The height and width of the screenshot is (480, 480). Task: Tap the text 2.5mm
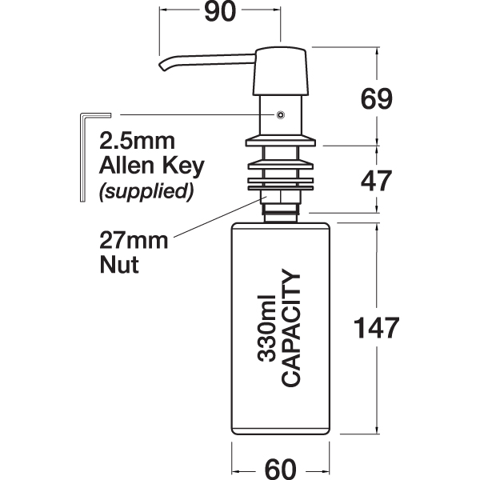pyautogui.click(x=134, y=142)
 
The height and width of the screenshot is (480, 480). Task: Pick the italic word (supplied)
pyautogui.click(x=145, y=192)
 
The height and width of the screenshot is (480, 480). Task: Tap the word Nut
pyautogui.click(x=118, y=264)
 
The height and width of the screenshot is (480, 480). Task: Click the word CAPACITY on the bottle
pyautogui.click(x=292, y=328)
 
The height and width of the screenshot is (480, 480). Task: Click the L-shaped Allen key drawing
pyautogui.click(x=82, y=156)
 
